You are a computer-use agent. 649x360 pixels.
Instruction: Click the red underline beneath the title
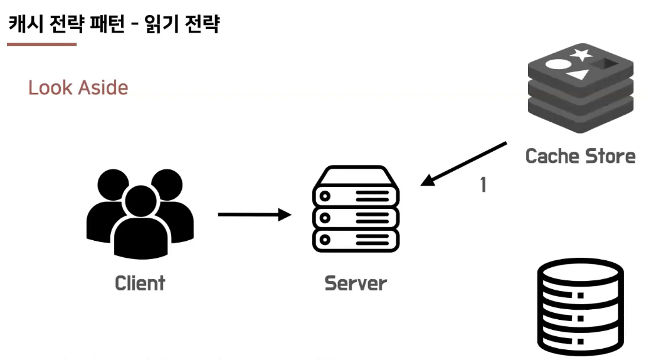41,45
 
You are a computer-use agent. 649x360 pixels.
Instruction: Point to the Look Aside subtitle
78,87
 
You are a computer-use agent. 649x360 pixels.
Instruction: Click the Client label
140,283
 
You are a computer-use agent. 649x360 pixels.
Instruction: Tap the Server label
356,283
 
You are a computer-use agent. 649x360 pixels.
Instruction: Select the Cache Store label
580,156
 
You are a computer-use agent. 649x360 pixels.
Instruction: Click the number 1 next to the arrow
483,185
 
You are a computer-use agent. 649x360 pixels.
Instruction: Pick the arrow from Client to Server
254,215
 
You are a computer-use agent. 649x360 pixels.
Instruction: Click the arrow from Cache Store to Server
464,164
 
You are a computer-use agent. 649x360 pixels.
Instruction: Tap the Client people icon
140,213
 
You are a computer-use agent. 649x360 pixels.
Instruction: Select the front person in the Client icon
140,226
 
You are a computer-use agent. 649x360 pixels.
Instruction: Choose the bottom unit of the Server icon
356,240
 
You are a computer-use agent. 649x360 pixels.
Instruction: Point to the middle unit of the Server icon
356,218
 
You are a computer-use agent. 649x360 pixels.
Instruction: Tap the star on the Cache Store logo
581,54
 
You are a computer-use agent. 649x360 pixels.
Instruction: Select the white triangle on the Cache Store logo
578,77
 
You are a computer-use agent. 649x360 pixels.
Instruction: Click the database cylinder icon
580,307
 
